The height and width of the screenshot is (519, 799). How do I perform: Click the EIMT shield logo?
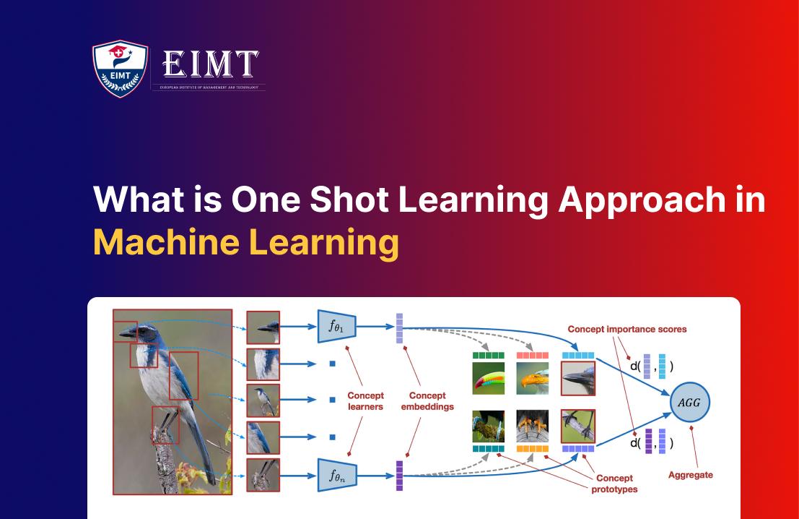[x=120, y=69]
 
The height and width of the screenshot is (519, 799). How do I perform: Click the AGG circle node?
[x=690, y=402]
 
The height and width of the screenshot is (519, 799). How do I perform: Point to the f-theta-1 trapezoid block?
[x=337, y=327]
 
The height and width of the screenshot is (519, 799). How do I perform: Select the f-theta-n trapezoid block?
[x=337, y=474]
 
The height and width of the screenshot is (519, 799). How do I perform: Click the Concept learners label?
[x=365, y=401]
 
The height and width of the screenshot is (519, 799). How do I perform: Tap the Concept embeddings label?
[x=427, y=401]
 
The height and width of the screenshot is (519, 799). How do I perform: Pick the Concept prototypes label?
[x=614, y=484]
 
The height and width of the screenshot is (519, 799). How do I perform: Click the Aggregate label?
[x=690, y=475]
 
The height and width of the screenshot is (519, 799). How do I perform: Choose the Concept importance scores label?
[x=626, y=329]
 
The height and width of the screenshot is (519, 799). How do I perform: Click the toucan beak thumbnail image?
[x=488, y=378]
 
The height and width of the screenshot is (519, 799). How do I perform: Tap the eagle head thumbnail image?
[x=533, y=378]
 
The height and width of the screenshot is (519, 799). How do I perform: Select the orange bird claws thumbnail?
[x=533, y=426]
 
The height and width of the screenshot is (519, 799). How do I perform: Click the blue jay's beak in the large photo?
[x=127, y=333]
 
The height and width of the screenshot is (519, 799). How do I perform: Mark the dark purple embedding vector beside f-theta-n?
[x=399, y=475]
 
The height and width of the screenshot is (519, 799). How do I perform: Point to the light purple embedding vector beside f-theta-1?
[x=399, y=328]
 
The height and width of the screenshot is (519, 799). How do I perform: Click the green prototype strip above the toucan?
[x=488, y=356]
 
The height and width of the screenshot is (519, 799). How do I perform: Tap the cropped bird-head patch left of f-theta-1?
[x=263, y=327]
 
